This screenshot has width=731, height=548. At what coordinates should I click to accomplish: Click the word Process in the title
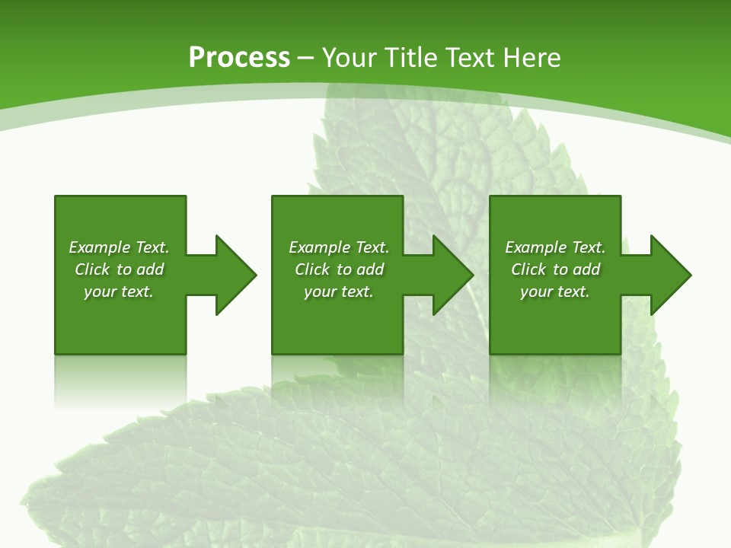pyautogui.click(x=239, y=58)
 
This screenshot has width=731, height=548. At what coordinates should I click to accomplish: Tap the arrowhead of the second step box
pyautogui.click(x=452, y=275)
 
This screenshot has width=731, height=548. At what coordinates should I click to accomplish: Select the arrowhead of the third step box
pyautogui.click(x=670, y=275)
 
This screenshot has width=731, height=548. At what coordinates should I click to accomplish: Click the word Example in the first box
pyautogui.click(x=99, y=247)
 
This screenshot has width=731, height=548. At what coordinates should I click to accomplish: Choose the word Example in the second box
pyautogui.click(x=319, y=247)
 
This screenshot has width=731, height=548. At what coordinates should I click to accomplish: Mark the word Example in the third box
pyautogui.click(x=535, y=247)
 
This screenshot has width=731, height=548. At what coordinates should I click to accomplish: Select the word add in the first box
pyautogui.click(x=151, y=269)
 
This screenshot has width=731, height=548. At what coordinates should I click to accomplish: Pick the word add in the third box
pyautogui.click(x=587, y=269)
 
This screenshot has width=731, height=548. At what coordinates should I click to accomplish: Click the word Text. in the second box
pyautogui.click(x=371, y=247)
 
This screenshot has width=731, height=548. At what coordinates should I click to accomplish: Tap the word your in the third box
pyautogui.click(x=536, y=292)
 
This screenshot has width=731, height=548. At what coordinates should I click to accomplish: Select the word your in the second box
pyautogui.click(x=320, y=292)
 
